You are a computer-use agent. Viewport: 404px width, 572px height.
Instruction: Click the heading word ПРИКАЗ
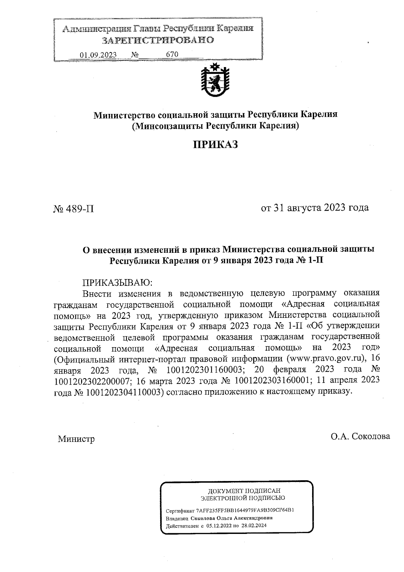pyautogui.click(x=215, y=145)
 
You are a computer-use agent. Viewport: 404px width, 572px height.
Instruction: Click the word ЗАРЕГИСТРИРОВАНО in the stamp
pyautogui.click(x=158, y=40)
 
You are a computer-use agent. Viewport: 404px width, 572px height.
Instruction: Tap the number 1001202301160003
pyautogui.click(x=205, y=370)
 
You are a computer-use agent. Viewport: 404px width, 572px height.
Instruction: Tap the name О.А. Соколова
pyautogui.click(x=360, y=436)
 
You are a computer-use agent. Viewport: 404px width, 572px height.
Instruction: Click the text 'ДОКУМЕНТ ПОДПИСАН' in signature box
pyautogui.click(x=244, y=491)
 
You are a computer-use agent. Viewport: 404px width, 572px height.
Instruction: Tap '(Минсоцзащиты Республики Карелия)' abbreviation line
pyautogui.click(x=215, y=126)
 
